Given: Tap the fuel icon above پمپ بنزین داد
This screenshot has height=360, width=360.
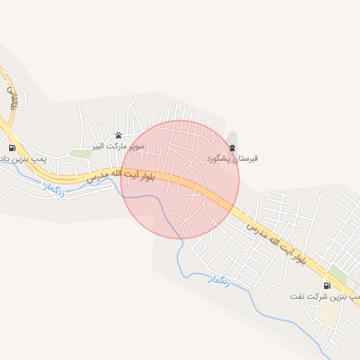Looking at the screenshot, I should (x=12, y=148).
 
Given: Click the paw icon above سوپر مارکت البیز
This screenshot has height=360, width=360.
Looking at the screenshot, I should (x=118, y=135).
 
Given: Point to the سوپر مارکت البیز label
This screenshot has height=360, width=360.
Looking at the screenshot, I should (x=110, y=146).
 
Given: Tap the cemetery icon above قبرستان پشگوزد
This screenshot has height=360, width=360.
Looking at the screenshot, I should (x=232, y=148).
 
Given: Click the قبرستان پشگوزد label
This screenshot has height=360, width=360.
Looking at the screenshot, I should (x=232, y=159).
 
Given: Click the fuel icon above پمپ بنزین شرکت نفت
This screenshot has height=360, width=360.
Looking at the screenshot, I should (x=327, y=285).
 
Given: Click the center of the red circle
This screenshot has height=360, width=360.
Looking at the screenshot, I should (x=180, y=179).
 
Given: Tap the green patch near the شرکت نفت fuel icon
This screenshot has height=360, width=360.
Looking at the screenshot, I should (x=338, y=273).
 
